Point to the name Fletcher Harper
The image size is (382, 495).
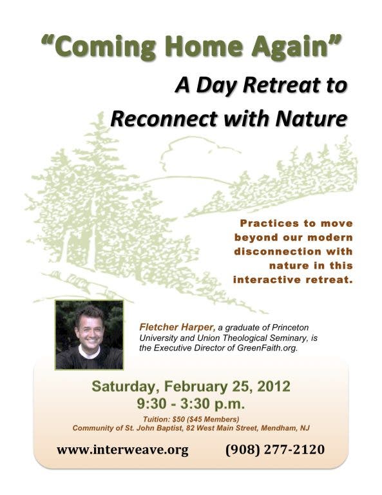click(177, 327)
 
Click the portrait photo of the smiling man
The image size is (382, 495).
click(90, 335)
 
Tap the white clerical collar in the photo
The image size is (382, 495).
click(90, 351)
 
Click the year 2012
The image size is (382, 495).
click(274, 386)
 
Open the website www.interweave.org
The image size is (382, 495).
click(122, 449)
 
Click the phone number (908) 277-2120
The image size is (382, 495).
click(275, 449)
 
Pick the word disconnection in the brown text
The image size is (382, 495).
click(276, 251)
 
